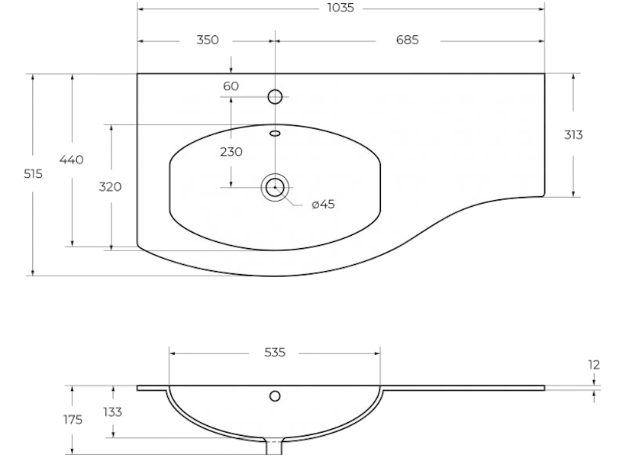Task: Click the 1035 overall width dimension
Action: (x=340, y=8)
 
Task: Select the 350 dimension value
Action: (x=208, y=40)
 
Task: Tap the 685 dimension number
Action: (x=407, y=40)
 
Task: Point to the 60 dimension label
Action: (x=231, y=86)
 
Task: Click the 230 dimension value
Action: (x=231, y=152)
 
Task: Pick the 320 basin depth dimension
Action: (x=110, y=187)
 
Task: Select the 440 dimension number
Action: (x=72, y=160)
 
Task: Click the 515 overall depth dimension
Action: (x=33, y=174)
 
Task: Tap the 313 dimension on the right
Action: (x=573, y=135)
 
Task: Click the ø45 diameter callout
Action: (x=323, y=205)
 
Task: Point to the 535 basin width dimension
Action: (x=275, y=353)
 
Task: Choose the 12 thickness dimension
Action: (x=594, y=365)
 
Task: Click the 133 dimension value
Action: (x=112, y=412)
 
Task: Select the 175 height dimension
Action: (x=73, y=420)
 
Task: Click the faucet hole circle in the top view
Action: (x=275, y=97)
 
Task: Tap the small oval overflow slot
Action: (x=275, y=134)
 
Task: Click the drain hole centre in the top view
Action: (x=275, y=187)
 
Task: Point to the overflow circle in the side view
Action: (x=275, y=396)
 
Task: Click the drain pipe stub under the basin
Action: (x=274, y=447)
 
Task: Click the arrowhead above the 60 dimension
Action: (x=231, y=70)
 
